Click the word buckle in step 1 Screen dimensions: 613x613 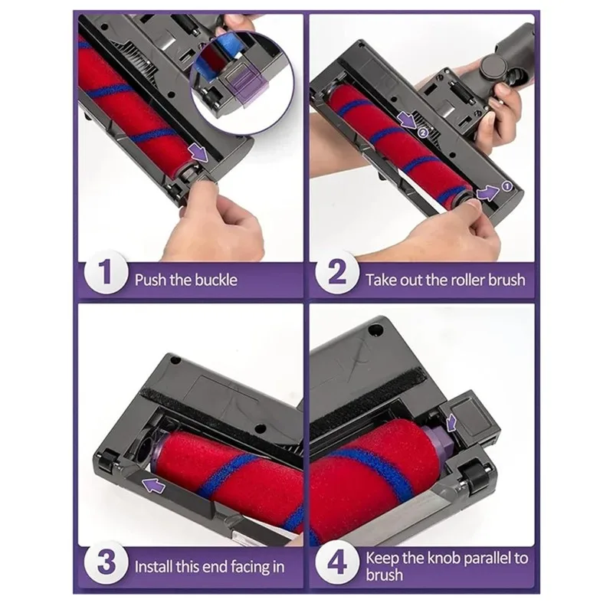coord(215,279)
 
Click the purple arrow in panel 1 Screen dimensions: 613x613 coord(199,154)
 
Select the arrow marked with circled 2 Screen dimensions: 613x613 coord(408,121)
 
